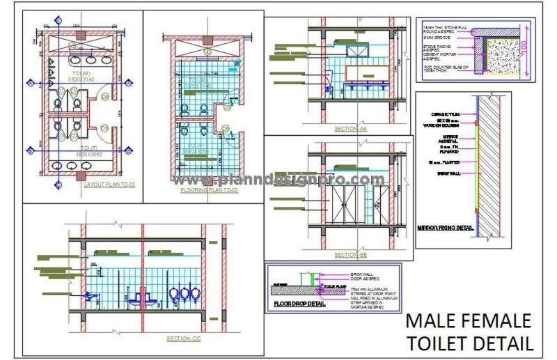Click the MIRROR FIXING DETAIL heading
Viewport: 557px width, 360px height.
pyautogui.click(x=445, y=227)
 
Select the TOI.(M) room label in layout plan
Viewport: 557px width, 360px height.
pyautogui.click(x=81, y=73)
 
